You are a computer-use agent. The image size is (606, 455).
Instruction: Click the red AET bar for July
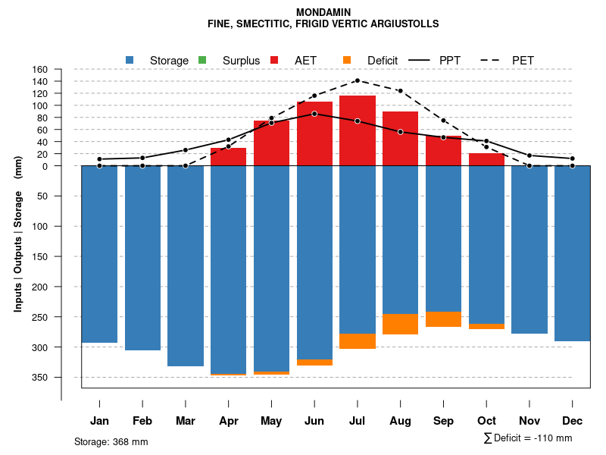(358, 130)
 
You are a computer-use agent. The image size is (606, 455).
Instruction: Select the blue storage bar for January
(99, 254)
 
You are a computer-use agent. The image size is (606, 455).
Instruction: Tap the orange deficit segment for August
(401, 324)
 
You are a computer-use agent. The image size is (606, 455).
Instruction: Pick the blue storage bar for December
(573, 253)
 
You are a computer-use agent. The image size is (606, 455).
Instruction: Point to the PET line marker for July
(358, 80)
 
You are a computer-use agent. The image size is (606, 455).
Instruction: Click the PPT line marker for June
(314, 114)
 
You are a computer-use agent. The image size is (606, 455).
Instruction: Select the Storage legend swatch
(130, 60)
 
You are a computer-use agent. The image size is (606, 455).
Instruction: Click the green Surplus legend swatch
(201, 60)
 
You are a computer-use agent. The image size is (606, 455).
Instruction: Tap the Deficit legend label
(383, 61)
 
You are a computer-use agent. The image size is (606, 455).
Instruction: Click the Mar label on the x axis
(185, 421)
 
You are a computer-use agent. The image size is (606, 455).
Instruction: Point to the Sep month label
(444, 421)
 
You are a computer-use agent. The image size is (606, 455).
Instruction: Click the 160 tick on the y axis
(40, 70)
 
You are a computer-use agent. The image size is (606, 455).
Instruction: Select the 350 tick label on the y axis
(40, 378)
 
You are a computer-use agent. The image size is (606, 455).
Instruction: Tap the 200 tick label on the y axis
(40, 287)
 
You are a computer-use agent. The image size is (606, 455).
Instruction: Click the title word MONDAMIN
(323, 13)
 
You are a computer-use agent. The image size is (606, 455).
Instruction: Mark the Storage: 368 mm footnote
(111, 441)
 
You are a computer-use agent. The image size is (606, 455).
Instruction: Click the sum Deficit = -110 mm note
(528, 438)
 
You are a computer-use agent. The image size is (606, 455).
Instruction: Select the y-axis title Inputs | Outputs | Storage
(18, 234)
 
